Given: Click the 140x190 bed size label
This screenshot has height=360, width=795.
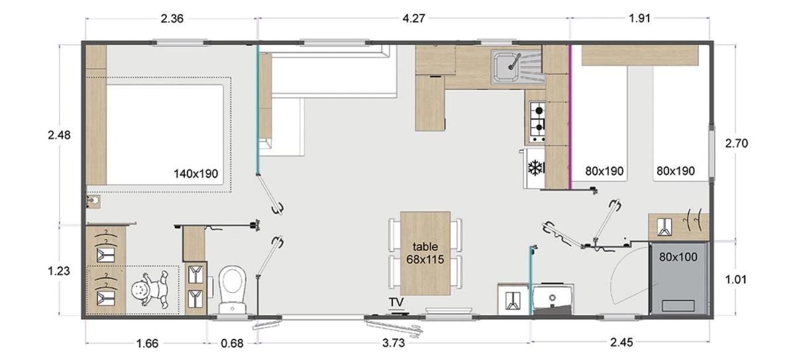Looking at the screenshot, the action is point(195,174).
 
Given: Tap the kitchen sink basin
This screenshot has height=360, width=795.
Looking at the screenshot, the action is point(507,66).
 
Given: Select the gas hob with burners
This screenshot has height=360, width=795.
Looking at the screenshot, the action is point(537,122).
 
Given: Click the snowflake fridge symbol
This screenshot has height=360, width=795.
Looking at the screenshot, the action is point(535,168).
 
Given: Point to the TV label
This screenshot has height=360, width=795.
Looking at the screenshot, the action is point(396,302).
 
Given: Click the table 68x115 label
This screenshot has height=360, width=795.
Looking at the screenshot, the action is point(425,253).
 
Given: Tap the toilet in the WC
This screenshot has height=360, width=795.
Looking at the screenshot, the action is point(232,290).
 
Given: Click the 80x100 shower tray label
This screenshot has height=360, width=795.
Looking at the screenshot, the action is point(678,257).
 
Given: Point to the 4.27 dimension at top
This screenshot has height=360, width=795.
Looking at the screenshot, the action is point(413,19).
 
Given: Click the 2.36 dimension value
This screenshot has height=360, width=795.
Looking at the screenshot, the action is point(172,19).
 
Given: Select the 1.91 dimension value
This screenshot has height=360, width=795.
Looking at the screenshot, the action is point(639,19).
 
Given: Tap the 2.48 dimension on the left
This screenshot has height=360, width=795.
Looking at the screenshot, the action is point(59,135).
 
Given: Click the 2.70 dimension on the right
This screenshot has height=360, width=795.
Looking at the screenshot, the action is point(737,144).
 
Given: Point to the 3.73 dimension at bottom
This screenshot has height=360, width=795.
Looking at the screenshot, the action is point(394,343).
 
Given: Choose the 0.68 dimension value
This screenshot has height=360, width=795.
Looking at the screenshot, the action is point(232,343).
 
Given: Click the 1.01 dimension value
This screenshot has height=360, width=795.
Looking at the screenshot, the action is point(736,280).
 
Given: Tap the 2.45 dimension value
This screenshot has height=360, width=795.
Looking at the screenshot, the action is point(621,342).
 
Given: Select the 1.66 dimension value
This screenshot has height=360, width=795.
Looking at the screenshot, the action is point(147,343).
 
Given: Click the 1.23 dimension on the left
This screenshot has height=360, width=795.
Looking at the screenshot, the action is point(59,271).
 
